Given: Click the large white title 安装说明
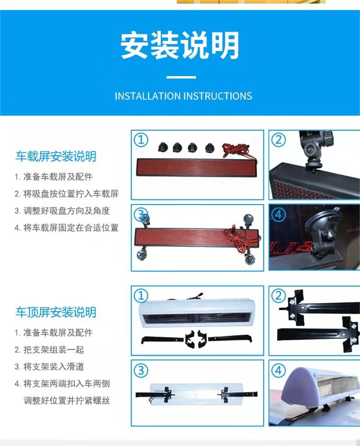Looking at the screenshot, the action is click(x=180, y=46).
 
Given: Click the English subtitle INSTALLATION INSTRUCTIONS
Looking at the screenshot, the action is click(x=183, y=96).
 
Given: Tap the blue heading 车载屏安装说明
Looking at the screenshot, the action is click(x=56, y=157).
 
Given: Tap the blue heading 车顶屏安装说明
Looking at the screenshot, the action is click(x=56, y=313).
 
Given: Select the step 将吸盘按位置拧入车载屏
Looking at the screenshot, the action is click(x=71, y=194).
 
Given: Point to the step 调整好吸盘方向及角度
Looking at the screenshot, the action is click(x=67, y=211).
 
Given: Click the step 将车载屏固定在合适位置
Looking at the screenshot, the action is click(x=71, y=228).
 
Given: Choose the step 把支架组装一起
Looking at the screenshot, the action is click(x=53, y=349).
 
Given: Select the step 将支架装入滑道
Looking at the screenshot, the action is click(x=53, y=367).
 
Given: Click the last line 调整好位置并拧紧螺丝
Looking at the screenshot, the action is click(x=67, y=401).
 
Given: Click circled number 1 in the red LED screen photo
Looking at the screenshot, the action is click(x=141, y=140).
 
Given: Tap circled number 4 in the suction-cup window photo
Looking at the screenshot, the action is click(x=278, y=215).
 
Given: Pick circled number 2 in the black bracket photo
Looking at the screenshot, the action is click(x=278, y=296).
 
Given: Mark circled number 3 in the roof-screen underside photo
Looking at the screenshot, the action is click(x=141, y=371).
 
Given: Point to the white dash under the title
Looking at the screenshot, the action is click(x=181, y=77).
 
